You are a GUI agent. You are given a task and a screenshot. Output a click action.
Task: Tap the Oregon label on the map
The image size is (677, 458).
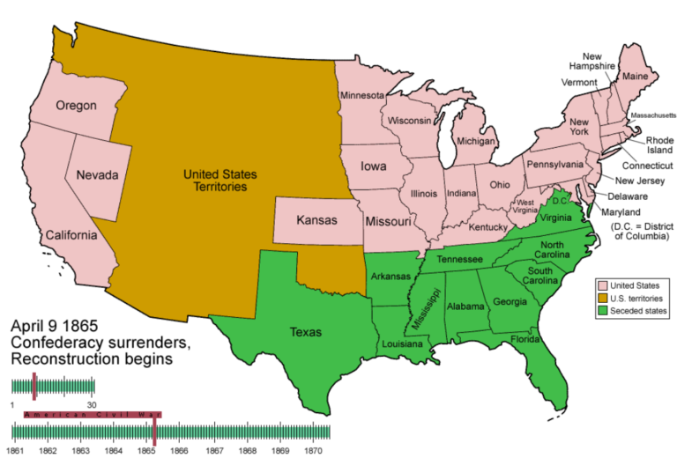coord(76,106)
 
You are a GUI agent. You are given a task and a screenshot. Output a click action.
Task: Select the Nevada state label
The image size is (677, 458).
coord(97,175)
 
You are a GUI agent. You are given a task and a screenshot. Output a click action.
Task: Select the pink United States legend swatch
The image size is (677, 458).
coord(602,284)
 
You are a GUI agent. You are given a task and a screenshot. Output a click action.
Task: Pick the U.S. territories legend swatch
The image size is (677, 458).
coord(602,298)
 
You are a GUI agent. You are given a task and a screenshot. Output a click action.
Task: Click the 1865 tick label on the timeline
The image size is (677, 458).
coord(145,450)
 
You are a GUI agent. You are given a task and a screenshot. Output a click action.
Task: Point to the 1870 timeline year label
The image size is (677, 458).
coord(315,450)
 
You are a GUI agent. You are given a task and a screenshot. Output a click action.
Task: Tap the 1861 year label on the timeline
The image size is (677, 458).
coord(14,450)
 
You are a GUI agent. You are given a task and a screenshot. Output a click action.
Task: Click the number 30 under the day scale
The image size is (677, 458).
coord(91,403)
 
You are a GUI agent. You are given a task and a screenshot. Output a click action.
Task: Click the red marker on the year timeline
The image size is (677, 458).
coord(154,430)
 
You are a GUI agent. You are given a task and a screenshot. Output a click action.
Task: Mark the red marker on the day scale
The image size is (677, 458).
coord(34,386)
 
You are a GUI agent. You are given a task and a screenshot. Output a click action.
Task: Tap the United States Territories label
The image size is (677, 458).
coord(215,181)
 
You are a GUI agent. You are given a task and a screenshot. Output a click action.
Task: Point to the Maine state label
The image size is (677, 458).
coord(635,78)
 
